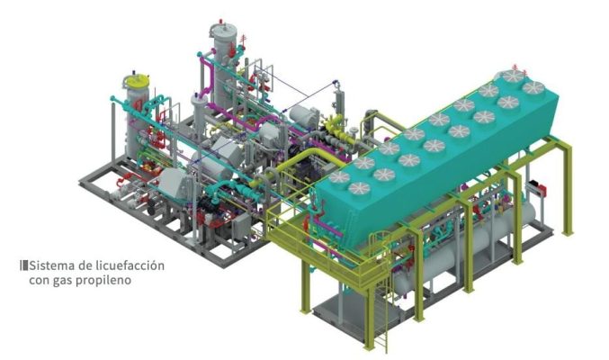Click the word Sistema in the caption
click(x=51, y=265)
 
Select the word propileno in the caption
click(x=103, y=281)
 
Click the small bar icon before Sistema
click(x=24, y=265)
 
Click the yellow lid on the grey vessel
click(x=137, y=80)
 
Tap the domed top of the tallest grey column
click(x=222, y=30)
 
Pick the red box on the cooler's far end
click(x=538, y=188)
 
